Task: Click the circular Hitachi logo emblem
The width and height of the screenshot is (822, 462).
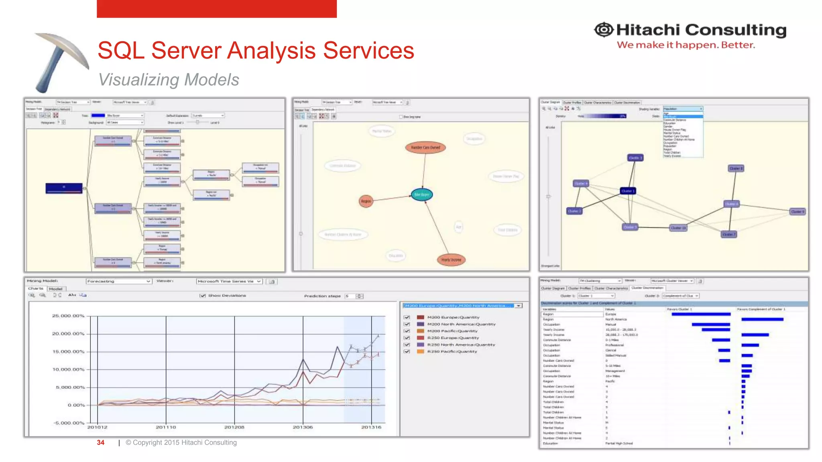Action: click(x=604, y=30)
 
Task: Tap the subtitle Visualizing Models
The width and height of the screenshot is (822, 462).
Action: click(x=169, y=79)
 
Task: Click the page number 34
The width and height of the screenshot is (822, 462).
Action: click(x=100, y=442)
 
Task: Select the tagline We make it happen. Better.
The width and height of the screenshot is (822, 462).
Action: click(x=686, y=45)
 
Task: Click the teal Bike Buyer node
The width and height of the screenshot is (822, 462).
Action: click(x=421, y=195)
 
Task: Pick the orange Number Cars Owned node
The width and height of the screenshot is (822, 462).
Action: click(x=425, y=148)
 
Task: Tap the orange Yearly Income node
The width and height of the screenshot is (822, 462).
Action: click(x=451, y=260)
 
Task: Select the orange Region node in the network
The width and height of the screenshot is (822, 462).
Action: click(x=366, y=201)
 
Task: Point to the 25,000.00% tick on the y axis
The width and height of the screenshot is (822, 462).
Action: click(x=68, y=316)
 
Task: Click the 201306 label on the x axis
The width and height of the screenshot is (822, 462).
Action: click(x=303, y=427)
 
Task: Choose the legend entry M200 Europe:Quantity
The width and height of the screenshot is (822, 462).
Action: click(x=453, y=317)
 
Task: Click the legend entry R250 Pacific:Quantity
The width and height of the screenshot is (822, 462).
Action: click(x=452, y=351)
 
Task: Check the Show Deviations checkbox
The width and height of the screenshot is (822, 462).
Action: click(x=203, y=296)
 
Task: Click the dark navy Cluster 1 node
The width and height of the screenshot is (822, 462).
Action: click(x=628, y=191)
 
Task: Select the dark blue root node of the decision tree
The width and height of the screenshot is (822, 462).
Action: click(x=64, y=188)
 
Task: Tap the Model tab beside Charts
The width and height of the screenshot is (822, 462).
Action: click(x=56, y=289)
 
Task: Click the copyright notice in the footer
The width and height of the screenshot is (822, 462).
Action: click(x=181, y=442)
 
